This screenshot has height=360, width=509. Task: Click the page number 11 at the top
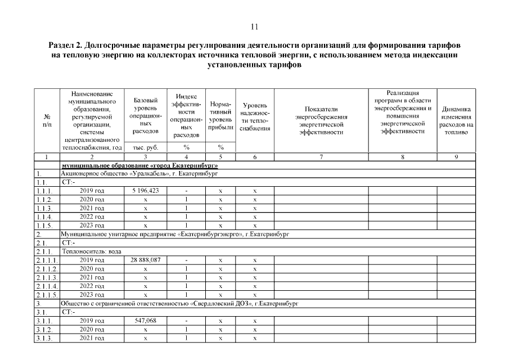pyautogui.click(x=254, y=27)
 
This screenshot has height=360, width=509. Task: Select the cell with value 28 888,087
pyautogui.click(x=146, y=260)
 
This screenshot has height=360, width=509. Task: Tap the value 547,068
pyautogui.click(x=146, y=321)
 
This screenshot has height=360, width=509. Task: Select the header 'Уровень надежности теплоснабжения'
pyautogui.click(x=255, y=116)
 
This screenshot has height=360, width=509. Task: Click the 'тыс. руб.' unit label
pyautogui.click(x=146, y=147)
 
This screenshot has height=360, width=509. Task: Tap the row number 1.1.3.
pyautogui.click(x=44, y=208)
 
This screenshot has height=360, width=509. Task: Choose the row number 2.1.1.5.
pyautogui.click(x=47, y=295)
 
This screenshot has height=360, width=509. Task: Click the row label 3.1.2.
pyautogui.click(x=44, y=330)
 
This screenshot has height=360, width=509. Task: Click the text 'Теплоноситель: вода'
pyautogui.click(x=92, y=251)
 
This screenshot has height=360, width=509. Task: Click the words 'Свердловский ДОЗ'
pyautogui.click(x=224, y=304)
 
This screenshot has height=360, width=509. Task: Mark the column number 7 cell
pyautogui.click(x=321, y=157)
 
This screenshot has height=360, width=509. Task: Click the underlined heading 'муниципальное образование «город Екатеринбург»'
pyautogui.click(x=139, y=165)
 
